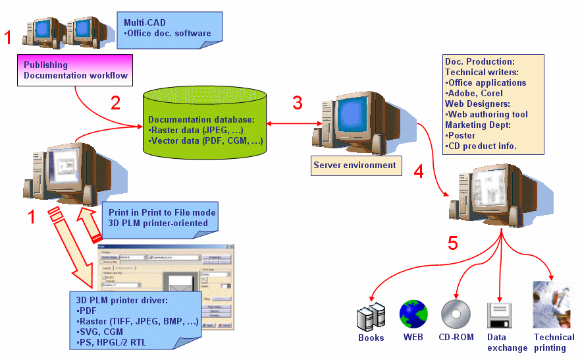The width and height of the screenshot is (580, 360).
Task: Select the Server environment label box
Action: click(355, 165)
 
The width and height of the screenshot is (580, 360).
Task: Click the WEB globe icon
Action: click(413, 315)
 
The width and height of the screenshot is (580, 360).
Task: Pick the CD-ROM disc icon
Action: click(456, 315)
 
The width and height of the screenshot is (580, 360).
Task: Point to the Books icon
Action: click(370, 317)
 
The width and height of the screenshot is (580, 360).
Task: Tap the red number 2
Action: click(115, 103)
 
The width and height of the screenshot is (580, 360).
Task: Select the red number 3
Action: click(298, 103)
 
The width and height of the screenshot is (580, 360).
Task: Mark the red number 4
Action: click(419, 173)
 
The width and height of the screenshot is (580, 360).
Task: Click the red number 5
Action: click(452, 243)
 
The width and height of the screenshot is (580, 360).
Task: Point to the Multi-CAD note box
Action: click(170, 28)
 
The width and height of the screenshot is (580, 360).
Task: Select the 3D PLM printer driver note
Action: click(134, 320)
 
